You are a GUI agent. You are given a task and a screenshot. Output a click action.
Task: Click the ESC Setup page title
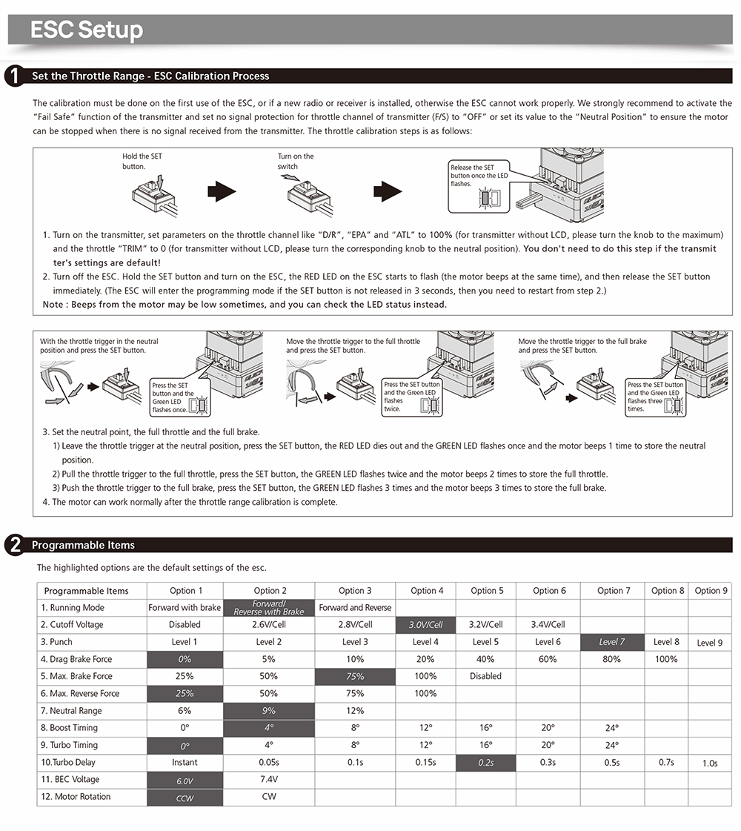pos(87,30)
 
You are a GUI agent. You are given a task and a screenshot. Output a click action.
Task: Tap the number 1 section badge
pos(13,76)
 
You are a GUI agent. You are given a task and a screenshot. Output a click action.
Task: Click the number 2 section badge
pos(13,545)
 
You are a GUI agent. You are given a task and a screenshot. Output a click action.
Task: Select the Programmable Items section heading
pos(83,545)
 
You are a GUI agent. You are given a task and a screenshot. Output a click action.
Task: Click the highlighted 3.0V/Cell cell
pos(426,625)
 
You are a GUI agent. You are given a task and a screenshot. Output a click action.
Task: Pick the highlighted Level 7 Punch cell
pos(612,642)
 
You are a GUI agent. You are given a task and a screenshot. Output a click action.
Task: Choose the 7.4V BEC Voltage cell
pos(269,779)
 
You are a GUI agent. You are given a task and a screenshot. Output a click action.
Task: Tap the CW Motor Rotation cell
pos(269,797)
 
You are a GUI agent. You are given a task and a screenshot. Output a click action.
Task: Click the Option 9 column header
pos(710,591)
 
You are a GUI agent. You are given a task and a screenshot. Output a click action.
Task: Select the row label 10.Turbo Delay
pos(68,762)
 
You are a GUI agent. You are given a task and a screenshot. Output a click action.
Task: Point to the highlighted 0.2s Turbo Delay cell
pos(486,762)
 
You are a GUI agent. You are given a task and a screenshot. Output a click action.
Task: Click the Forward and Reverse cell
pos(355,608)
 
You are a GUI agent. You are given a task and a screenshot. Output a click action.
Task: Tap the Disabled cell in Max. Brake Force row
pos(486,676)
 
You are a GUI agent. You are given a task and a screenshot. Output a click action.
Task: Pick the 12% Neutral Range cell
pos(355,711)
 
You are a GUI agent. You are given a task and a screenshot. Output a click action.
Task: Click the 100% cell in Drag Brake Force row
pos(666,659)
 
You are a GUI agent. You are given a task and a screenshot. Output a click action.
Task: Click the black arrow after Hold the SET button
pos(222,193)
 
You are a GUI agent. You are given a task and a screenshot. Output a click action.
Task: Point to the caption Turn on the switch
pos(296,162)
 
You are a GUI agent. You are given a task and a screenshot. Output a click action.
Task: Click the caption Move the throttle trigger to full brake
pos(582,345)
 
